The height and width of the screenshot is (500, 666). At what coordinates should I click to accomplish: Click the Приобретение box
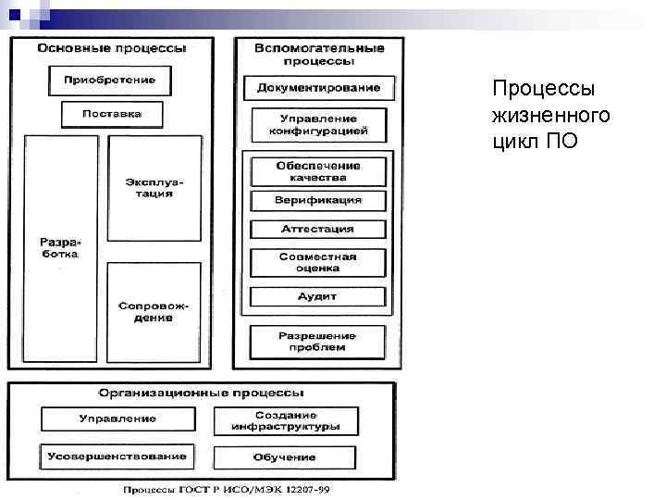(x=109, y=80)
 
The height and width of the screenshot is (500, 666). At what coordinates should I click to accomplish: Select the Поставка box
(x=112, y=114)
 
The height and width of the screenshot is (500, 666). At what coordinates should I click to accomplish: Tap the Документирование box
(x=318, y=88)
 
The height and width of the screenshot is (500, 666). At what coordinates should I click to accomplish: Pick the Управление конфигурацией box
(x=318, y=125)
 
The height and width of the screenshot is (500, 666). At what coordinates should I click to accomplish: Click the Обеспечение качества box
(x=318, y=171)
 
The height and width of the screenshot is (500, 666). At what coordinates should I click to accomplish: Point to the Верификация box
(x=318, y=200)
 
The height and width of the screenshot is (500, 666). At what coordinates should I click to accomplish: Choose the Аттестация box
(x=318, y=229)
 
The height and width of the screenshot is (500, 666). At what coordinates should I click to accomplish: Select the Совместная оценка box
(x=318, y=262)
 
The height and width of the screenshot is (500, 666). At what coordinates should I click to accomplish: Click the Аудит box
(x=318, y=297)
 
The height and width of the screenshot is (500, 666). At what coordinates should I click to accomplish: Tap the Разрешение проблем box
(x=318, y=341)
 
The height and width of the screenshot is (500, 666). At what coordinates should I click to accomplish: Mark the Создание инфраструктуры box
(x=285, y=421)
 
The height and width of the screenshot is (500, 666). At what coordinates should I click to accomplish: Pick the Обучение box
(x=285, y=457)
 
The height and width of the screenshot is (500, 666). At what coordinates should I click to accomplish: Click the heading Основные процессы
(x=112, y=47)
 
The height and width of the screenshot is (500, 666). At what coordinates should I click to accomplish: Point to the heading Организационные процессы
(x=205, y=392)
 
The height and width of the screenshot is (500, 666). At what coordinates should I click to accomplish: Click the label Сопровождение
(x=154, y=311)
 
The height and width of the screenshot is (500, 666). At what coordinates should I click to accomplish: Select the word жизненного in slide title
(x=550, y=116)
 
